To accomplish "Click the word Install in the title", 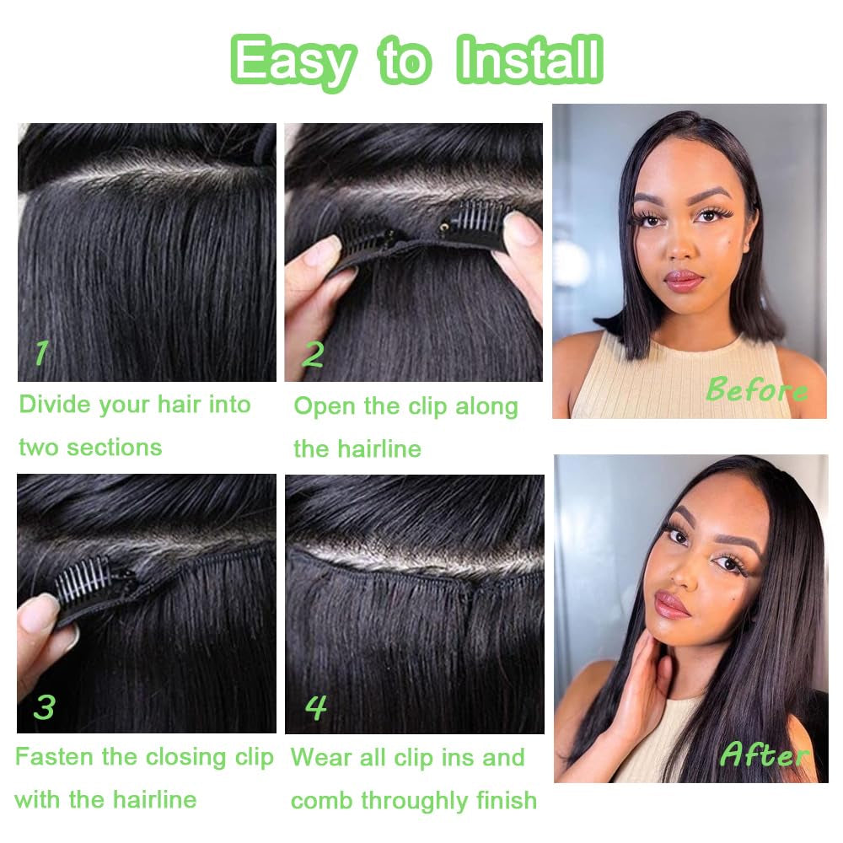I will [x=529, y=61].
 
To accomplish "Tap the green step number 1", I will [x=40, y=352].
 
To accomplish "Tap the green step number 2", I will [x=312, y=355].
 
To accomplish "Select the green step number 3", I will [x=44, y=706].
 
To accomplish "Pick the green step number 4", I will [x=315, y=706].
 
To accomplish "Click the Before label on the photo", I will [x=756, y=389].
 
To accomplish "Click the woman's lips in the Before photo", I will [x=683, y=279].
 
